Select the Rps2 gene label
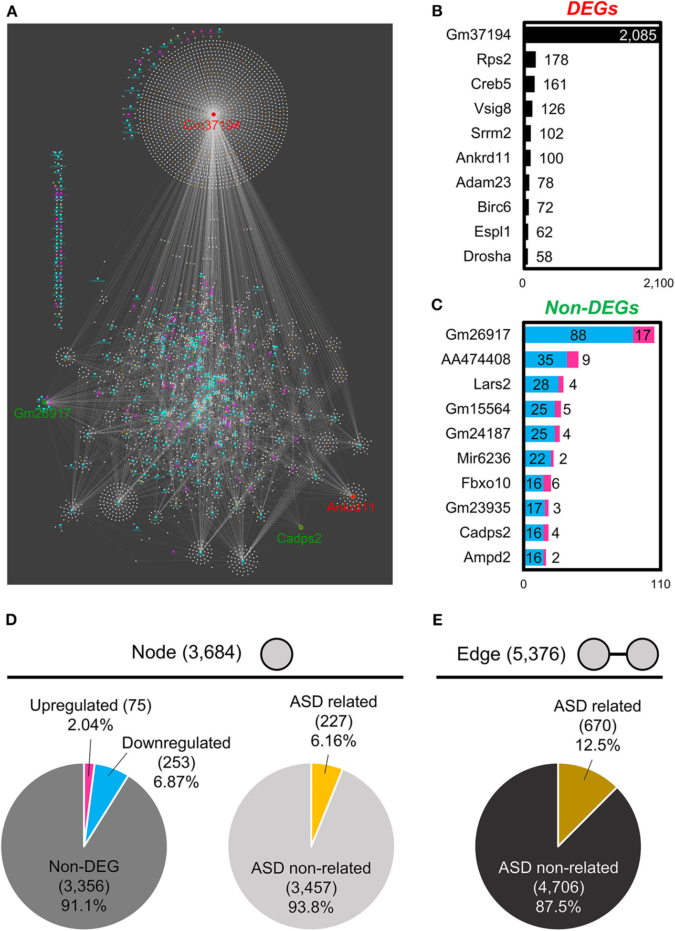(494, 59)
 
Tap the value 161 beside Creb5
(555, 85)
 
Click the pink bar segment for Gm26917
(643, 335)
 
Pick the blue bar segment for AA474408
(546, 359)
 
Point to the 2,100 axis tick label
(658, 283)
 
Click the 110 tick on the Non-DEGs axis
(661, 584)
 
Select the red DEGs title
(592, 9)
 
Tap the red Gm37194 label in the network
(211, 126)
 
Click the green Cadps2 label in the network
(299, 539)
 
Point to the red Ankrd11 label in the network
(350, 508)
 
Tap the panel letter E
(437, 620)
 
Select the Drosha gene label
(487, 257)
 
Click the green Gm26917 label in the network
(42, 413)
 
